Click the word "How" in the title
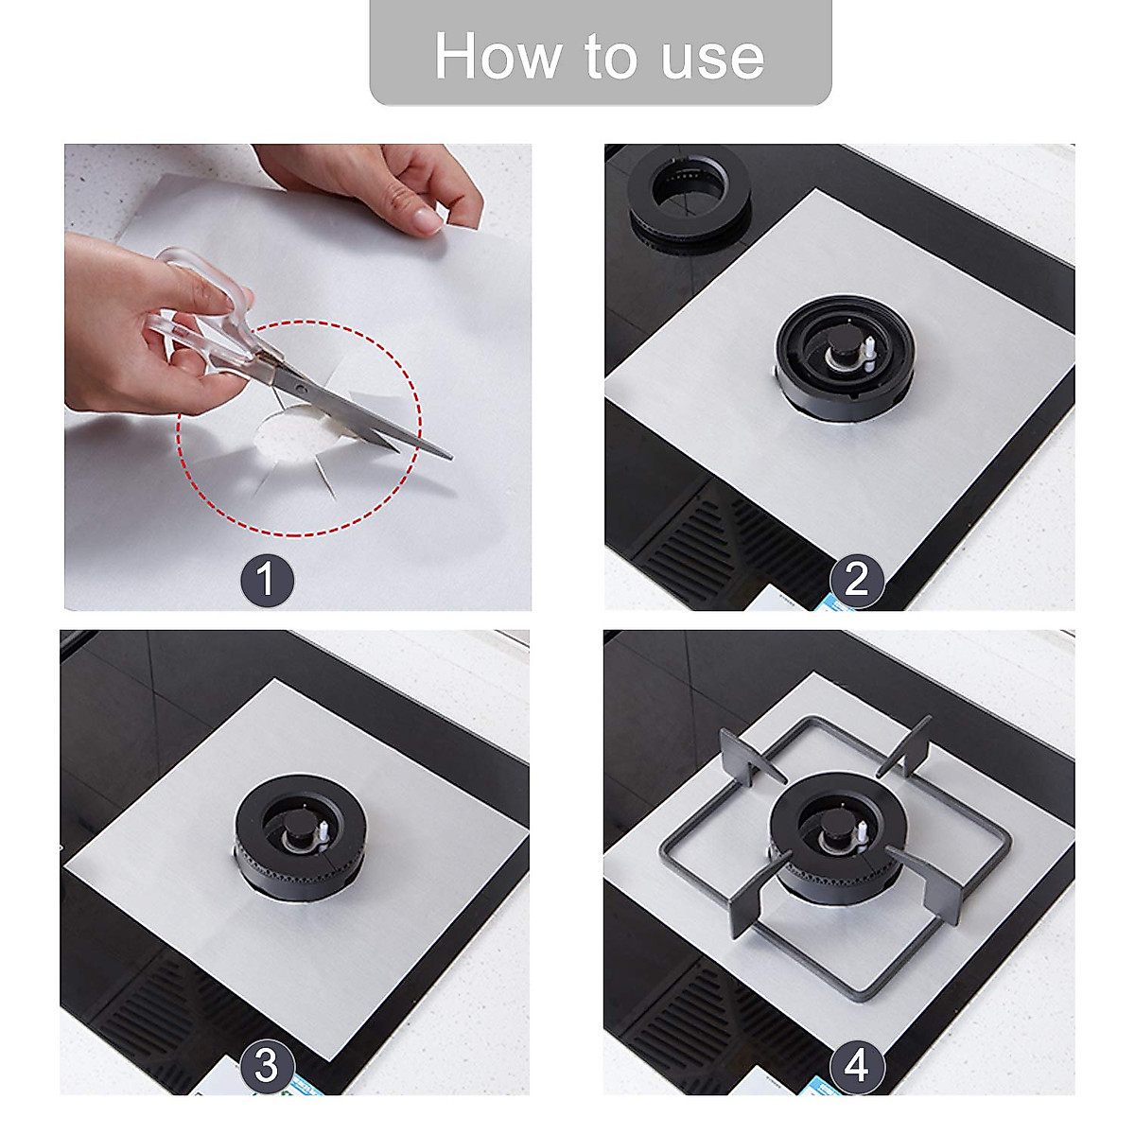click(497, 57)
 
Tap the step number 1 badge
click(267, 579)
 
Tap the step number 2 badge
click(857, 579)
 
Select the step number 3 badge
click(267, 1066)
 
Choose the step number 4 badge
click(857, 1066)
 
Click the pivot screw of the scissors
click(301, 388)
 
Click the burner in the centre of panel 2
click(845, 355)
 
